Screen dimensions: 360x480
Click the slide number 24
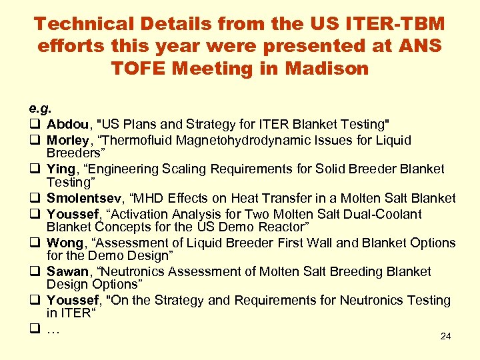445,336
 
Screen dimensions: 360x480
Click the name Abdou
69,124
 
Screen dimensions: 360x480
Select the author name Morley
67,140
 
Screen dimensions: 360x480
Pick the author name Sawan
67,271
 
